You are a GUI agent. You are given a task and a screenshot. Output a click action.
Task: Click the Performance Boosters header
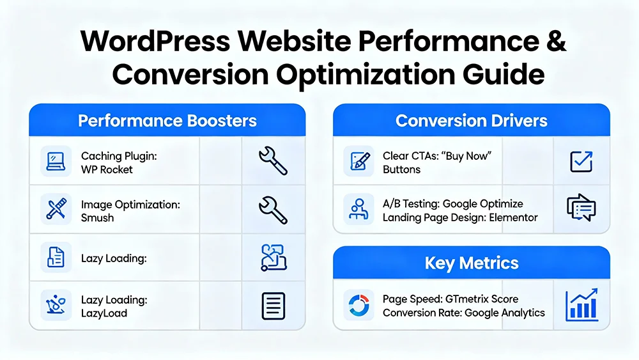[167, 121]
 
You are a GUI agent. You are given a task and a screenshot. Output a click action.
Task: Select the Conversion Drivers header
[472, 121]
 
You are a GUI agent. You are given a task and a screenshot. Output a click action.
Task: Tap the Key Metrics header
[472, 263]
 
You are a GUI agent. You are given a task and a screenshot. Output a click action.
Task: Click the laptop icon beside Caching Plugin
[56, 162]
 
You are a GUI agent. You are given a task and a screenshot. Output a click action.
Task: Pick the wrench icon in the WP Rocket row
[273, 161]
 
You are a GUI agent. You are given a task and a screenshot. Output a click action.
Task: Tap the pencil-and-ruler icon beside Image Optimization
[56, 209]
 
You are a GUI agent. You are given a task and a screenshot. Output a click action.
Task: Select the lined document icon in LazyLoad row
[273, 306]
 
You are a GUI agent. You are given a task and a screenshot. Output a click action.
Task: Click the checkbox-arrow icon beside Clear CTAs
[581, 162]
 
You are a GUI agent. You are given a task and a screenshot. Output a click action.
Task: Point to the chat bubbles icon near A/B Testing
[581, 208]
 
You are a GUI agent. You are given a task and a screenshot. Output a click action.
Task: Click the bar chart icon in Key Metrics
[581, 305]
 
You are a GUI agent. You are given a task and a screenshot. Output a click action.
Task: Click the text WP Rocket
[107, 169]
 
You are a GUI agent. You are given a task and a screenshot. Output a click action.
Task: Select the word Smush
[97, 217]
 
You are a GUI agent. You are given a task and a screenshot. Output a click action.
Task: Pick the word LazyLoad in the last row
[104, 313]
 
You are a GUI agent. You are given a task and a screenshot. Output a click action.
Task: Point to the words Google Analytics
[505, 313]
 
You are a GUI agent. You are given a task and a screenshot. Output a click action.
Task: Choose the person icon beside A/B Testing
[358, 209]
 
